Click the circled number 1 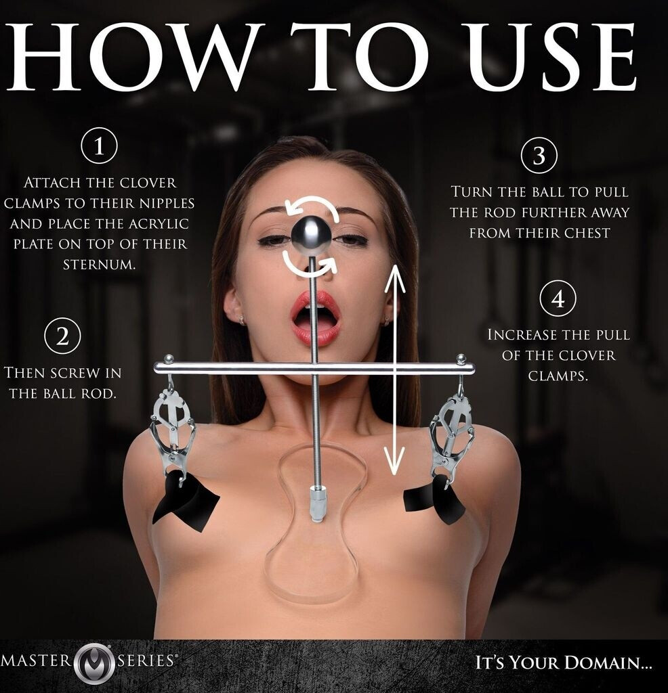[x=99, y=146]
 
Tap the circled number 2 [x=63, y=337]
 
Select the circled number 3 [x=539, y=156]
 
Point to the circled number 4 [x=558, y=298]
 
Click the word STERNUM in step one [x=99, y=265]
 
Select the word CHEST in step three [x=584, y=233]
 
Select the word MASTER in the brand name [x=38, y=661]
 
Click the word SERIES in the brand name [x=147, y=661]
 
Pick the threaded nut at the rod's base [x=316, y=504]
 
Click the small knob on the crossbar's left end [x=168, y=358]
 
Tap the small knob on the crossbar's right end [x=461, y=358]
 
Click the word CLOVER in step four [x=587, y=355]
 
